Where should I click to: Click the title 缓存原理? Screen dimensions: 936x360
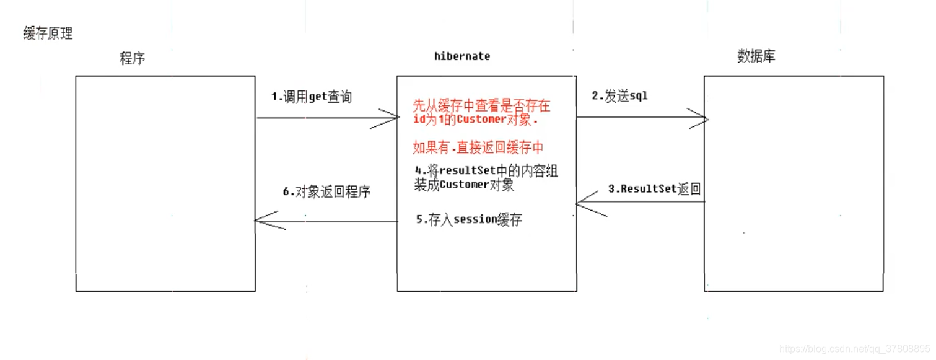[x=48, y=33]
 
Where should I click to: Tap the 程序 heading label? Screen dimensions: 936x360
[x=132, y=59]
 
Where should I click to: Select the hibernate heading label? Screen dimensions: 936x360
[x=462, y=56]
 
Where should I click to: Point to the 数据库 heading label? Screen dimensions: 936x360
[x=756, y=56]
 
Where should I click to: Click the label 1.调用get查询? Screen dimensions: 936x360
[x=312, y=97]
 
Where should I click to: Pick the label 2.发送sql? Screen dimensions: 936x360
[x=620, y=96]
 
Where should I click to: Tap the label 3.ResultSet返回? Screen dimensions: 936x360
[x=654, y=189]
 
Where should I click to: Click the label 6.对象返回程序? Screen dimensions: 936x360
[x=326, y=191]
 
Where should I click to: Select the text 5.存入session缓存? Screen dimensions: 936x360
[x=469, y=220]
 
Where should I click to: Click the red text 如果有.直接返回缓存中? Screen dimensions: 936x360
[x=478, y=147]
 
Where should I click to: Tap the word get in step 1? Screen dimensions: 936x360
[x=317, y=97]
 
